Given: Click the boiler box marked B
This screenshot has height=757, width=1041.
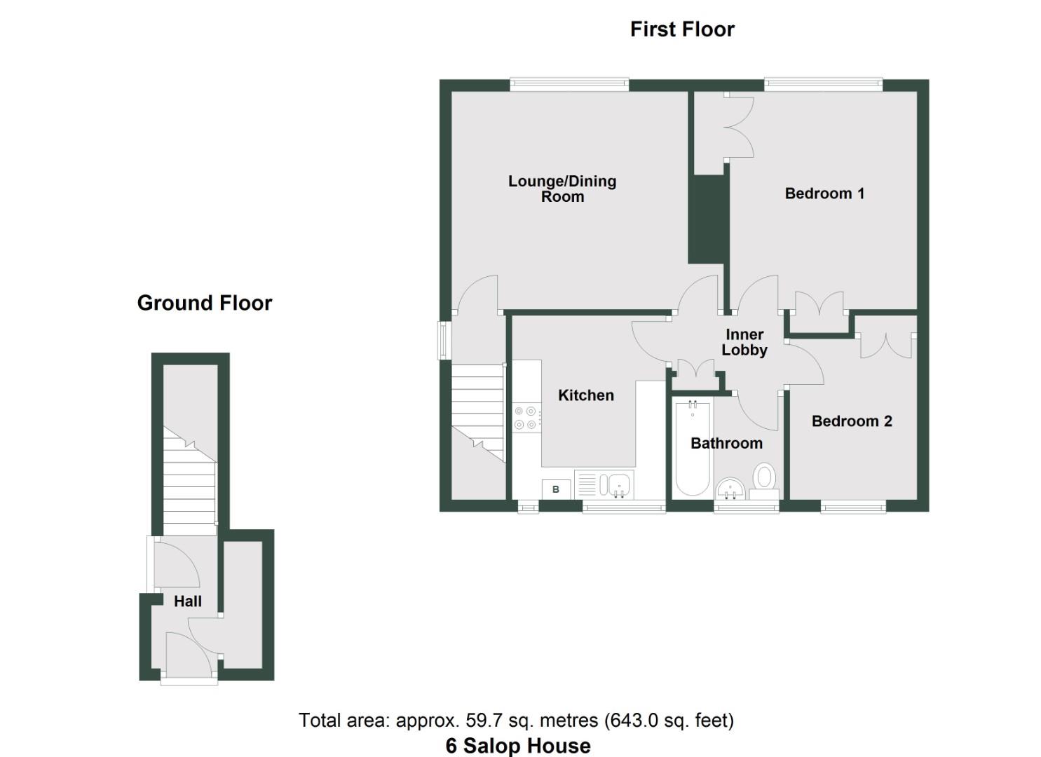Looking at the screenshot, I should [x=556, y=489].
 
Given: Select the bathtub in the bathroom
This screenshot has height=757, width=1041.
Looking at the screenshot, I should [x=693, y=447].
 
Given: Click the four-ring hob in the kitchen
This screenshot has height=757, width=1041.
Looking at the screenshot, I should [x=526, y=418].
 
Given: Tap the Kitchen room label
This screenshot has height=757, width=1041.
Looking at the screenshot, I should [x=585, y=395].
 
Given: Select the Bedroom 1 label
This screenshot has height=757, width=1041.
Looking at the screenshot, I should [x=824, y=193].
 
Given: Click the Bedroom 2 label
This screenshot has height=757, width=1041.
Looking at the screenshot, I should [x=851, y=421].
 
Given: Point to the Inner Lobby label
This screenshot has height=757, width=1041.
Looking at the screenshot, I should [x=744, y=342].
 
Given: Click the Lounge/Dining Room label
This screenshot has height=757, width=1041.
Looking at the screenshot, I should [x=562, y=189].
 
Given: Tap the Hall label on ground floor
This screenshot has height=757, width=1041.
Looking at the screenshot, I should [x=187, y=601].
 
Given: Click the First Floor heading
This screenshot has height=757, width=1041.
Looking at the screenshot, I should [x=682, y=29].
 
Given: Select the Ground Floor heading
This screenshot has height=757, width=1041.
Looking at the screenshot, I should [x=205, y=303].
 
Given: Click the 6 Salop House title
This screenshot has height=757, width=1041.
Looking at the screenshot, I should [x=518, y=746].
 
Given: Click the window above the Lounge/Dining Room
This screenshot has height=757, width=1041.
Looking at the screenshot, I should [x=569, y=85].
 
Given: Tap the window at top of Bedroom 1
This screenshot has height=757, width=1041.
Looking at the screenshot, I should [x=823, y=85].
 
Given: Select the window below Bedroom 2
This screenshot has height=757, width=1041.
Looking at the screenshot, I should [x=852, y=506].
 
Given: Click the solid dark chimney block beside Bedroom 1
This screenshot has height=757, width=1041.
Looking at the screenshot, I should [x=708, y=219].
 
